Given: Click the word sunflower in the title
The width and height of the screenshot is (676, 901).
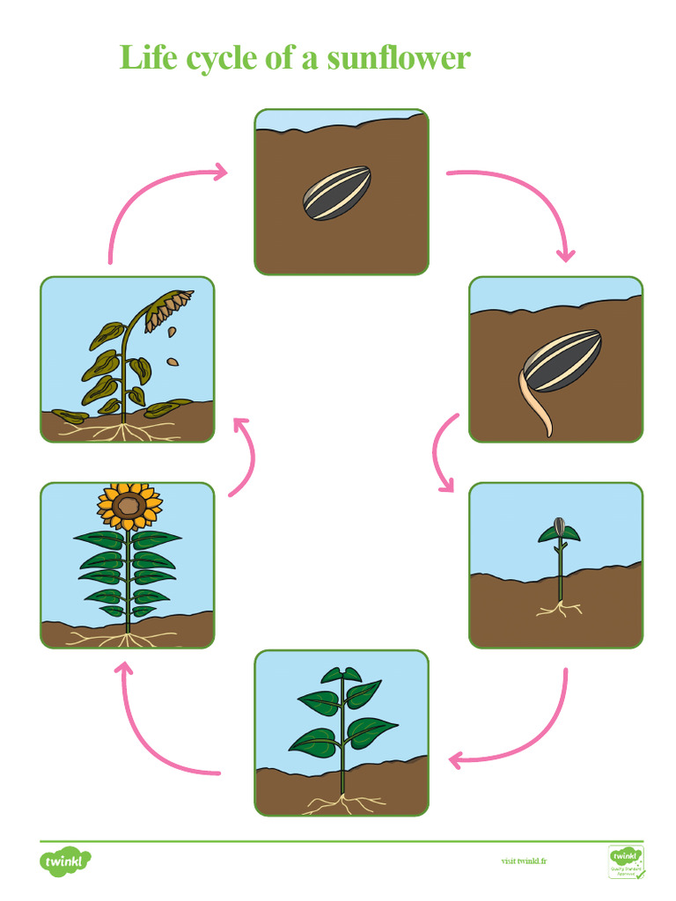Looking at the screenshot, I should (x=399, y=58).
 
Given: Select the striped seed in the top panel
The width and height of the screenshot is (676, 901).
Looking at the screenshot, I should (x=338, y=194).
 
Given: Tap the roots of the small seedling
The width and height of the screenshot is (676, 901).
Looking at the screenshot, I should (x=558, y=607).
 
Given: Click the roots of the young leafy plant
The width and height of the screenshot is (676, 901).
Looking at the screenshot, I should (x=341, y=802).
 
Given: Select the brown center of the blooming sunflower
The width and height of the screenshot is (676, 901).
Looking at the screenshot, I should (x=130, y=505).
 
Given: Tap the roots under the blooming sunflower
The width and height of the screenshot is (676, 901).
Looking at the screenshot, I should (x=128, y=636).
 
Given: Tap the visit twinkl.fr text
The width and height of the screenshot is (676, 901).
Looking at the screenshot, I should (x=524, y=861).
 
